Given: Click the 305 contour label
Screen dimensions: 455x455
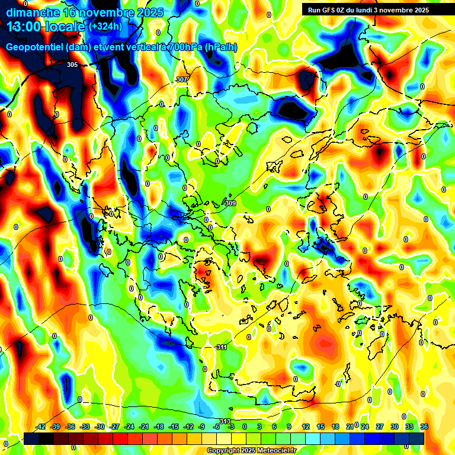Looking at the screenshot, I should tap(72, 65).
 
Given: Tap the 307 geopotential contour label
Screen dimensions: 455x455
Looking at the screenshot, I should tap(182, 79).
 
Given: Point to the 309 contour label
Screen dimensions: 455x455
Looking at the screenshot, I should tap(230, 203).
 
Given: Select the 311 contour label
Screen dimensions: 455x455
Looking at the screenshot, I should tap(222, 347).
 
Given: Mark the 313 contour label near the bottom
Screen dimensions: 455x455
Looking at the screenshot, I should tap(225, 421).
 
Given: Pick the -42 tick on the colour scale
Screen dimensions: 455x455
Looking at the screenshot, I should tap(41, 427).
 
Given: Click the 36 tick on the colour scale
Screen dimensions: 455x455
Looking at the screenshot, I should tap(424, 427).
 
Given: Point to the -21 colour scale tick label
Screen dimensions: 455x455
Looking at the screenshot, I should tap(144, 427).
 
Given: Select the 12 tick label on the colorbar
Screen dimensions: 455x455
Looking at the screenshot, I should tap(306, 427).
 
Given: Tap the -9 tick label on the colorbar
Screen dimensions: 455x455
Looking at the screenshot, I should tap(201, 427).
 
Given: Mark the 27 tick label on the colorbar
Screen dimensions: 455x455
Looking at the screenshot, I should tap(380, 427).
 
